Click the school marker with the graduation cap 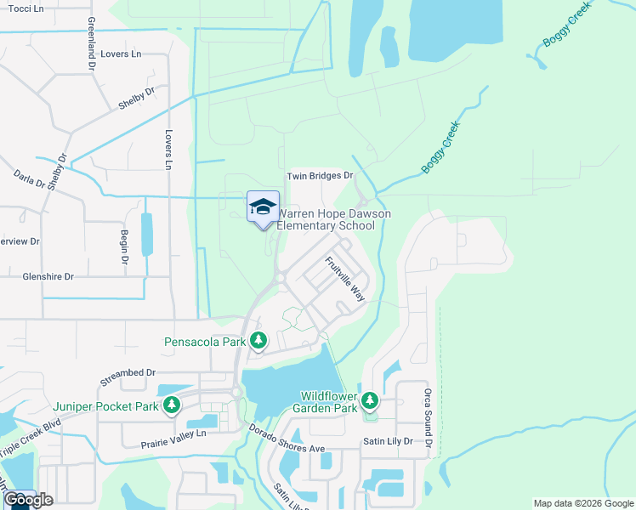point(263,207)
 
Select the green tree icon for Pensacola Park point(259,342)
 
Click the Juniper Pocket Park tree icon point(172,405)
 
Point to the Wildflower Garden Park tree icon point(369,400)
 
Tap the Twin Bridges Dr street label point(319,176)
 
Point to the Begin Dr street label point(123,242)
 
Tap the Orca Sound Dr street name point(428,418)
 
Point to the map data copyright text point(583,503)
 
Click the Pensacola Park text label point(205,342)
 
